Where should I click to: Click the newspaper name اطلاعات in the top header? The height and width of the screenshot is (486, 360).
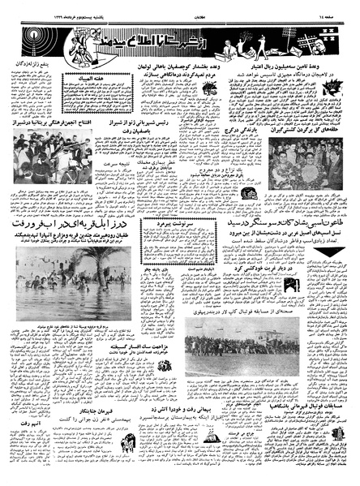180,8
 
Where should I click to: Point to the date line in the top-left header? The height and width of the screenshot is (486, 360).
49,8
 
